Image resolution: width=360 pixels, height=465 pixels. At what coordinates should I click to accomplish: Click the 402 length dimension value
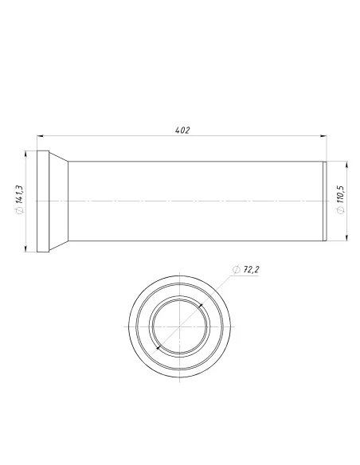(x=182, y=131)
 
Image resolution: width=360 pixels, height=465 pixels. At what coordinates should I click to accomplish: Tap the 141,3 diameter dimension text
(x=19, y=194)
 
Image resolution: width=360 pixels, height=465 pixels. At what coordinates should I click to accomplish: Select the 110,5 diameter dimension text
(x=340, y=194)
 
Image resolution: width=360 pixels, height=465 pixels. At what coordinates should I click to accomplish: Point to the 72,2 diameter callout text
(x=251, y=270)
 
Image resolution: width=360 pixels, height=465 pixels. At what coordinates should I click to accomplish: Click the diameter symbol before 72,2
(x=237, y=270)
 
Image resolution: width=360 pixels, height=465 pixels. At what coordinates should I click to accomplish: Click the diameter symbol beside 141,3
(x=20, y=210)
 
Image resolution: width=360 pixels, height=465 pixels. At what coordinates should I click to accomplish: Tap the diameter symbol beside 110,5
(x=341, y=210)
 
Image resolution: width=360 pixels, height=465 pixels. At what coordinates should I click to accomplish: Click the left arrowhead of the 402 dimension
(x=41, y=136)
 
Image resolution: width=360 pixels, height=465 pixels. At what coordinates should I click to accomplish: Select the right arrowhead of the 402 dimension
(x=323, y=136)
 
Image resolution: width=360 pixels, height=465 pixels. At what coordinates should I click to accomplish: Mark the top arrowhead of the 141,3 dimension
(x=25, y=154)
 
